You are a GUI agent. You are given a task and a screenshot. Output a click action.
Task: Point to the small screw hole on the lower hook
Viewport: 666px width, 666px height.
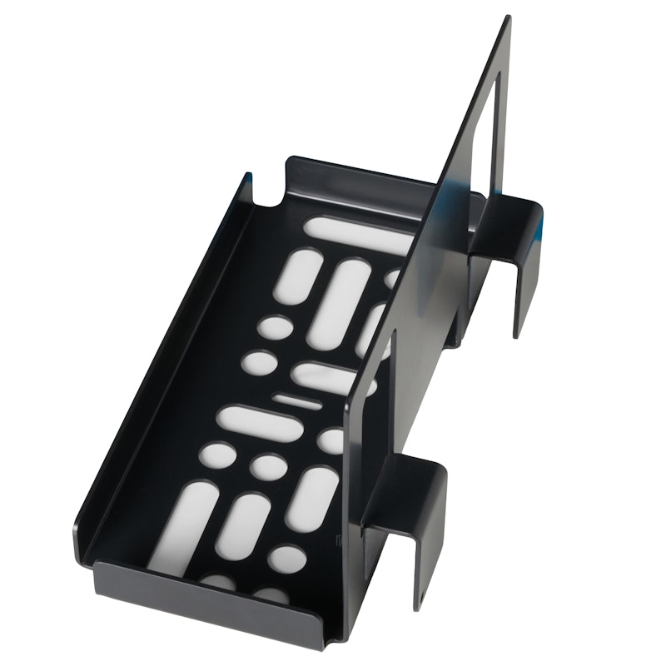[421, 596]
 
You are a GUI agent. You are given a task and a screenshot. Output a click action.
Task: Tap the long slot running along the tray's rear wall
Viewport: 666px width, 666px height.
[358, 236]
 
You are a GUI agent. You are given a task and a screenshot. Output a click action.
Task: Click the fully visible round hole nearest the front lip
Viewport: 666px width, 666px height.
[286, 559]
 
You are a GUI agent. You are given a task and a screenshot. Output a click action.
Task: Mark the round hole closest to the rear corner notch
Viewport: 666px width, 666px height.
[275, 326]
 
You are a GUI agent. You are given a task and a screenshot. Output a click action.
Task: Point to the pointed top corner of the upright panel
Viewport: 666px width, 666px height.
[506, 20]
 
